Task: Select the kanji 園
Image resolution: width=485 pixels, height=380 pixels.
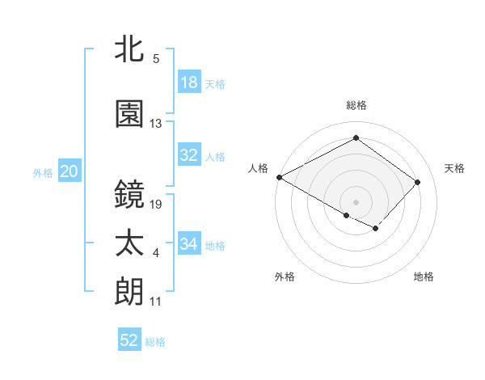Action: [130, 114]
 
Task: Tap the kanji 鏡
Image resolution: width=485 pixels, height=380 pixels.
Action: [130, 194]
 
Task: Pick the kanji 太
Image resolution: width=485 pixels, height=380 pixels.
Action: [130, 243]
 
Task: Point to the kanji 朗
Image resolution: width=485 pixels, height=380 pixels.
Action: [130, 291]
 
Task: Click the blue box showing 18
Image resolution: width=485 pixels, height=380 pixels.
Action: [189, 83]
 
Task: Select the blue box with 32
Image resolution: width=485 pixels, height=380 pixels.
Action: [189, 156]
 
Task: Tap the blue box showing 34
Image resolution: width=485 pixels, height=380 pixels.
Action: [189, 244]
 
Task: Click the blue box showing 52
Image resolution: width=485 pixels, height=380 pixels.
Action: [129, 340]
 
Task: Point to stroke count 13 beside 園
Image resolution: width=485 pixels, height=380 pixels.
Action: [156, 124]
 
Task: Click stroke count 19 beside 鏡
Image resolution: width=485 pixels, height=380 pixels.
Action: [156, 204]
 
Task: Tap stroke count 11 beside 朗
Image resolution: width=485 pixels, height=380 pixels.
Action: [156, 302]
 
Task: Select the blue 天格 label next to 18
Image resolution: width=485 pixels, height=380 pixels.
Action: [215, 84]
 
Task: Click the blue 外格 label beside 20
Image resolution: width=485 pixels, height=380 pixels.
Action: [43, 172]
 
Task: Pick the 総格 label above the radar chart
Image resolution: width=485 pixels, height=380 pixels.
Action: [356, 105]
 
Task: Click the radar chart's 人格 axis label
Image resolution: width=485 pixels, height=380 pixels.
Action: [259, 168]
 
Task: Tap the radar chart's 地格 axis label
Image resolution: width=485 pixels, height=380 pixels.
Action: [424, 277]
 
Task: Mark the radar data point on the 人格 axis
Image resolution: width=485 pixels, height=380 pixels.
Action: [279, 177]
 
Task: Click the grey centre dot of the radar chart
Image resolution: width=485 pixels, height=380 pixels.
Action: [356, 201]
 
